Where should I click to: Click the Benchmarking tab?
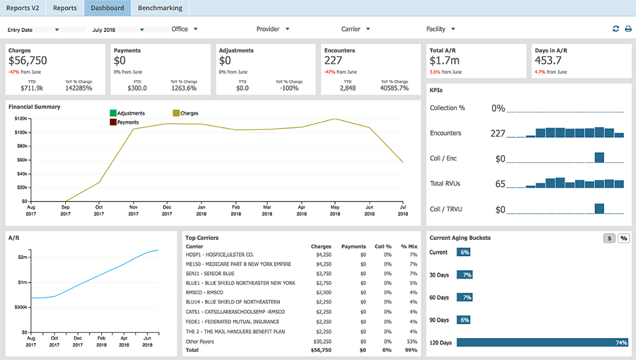click(x=160, y=8)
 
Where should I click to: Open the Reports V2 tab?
click(x=23, y=8)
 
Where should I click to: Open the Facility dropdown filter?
click(x=440, y=29)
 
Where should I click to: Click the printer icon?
click(x=628, y=29)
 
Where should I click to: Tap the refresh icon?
click(x=616, y=29)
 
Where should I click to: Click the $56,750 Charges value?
click(x=28, y=60)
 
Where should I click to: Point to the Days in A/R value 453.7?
click(x=548, y=60)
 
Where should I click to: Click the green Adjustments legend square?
click(x=113, y=113)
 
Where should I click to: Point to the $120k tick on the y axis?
click(x=20, y=118)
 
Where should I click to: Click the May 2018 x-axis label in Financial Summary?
click(x=334, y=210)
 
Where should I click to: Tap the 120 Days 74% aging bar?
click(x=542, y=342)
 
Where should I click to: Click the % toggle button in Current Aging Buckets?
click(x=623, y=238)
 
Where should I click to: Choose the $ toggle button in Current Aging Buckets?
click(x=610, y=238)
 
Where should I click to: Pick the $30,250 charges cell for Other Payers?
click(x=321, y=341)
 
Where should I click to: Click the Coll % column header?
click(x=384, y=247)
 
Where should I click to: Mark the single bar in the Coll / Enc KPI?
click(x=599, y=158)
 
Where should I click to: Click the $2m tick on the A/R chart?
click(x=22, y=257)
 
